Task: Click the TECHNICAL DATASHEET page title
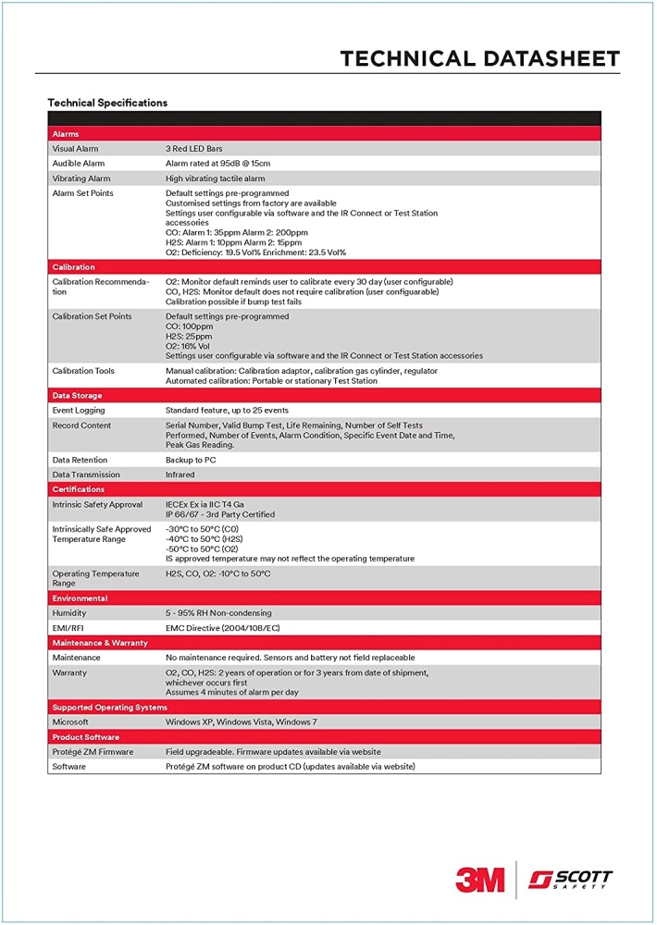pyautogui.click(x=479, y=58)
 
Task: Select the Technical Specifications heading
pyautogui.click(x=107, y=103)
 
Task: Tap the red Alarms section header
pyautogui.click(x=66, y=134)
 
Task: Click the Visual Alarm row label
pyautogui.click(x=75, y=149)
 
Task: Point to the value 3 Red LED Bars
pyautogui.click(x=193, y=149)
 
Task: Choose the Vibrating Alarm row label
pyautogui.click(x=81, y=179)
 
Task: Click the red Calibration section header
pyautogui.click(x=73, y=267)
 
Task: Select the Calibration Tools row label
pyautogui.click(x=83, y=371)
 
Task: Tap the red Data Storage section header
pyautogui.click(x=77, y=396)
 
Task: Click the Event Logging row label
pyautogui.click(x=79, y=411)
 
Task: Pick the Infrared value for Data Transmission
pyautogui.click(x=180, y=475)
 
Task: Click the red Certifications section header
pyautogui.click(x=79, y=489)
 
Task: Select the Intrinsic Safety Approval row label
pyautogui.click(x=97, y=504)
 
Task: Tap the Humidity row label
pyautogui.click(x=69, y=613)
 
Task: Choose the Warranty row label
pyautogui.click(x=69, y=672)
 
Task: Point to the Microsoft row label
pyautogui.click(x=70, y=721)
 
